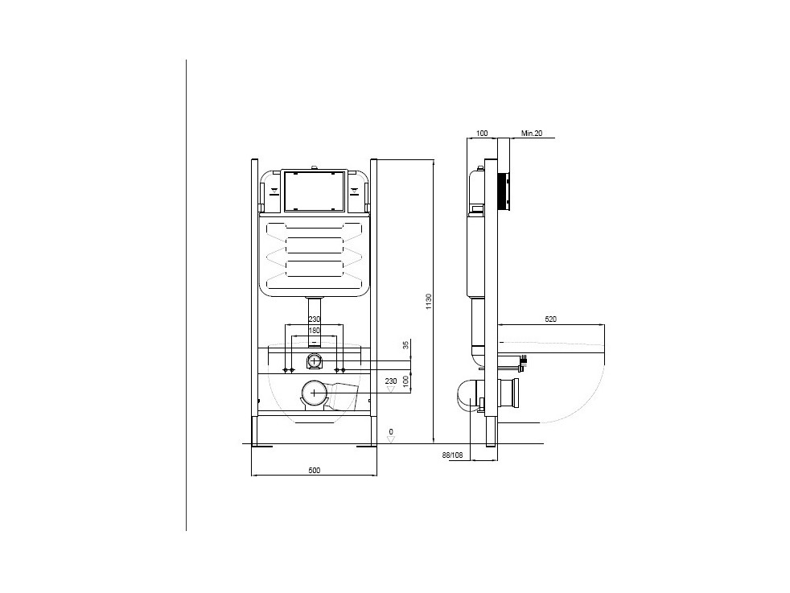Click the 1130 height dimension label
(429, 301)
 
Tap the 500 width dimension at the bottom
(314, 471)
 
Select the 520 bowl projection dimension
(551, 319)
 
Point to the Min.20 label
(532, 134)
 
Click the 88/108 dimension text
(452, 455)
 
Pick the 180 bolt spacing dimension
(315, 331)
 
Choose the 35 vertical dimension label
(405, 345)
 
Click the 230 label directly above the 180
(315, 319)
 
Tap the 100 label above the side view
(482, 134)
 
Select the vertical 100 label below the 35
(405, 381)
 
